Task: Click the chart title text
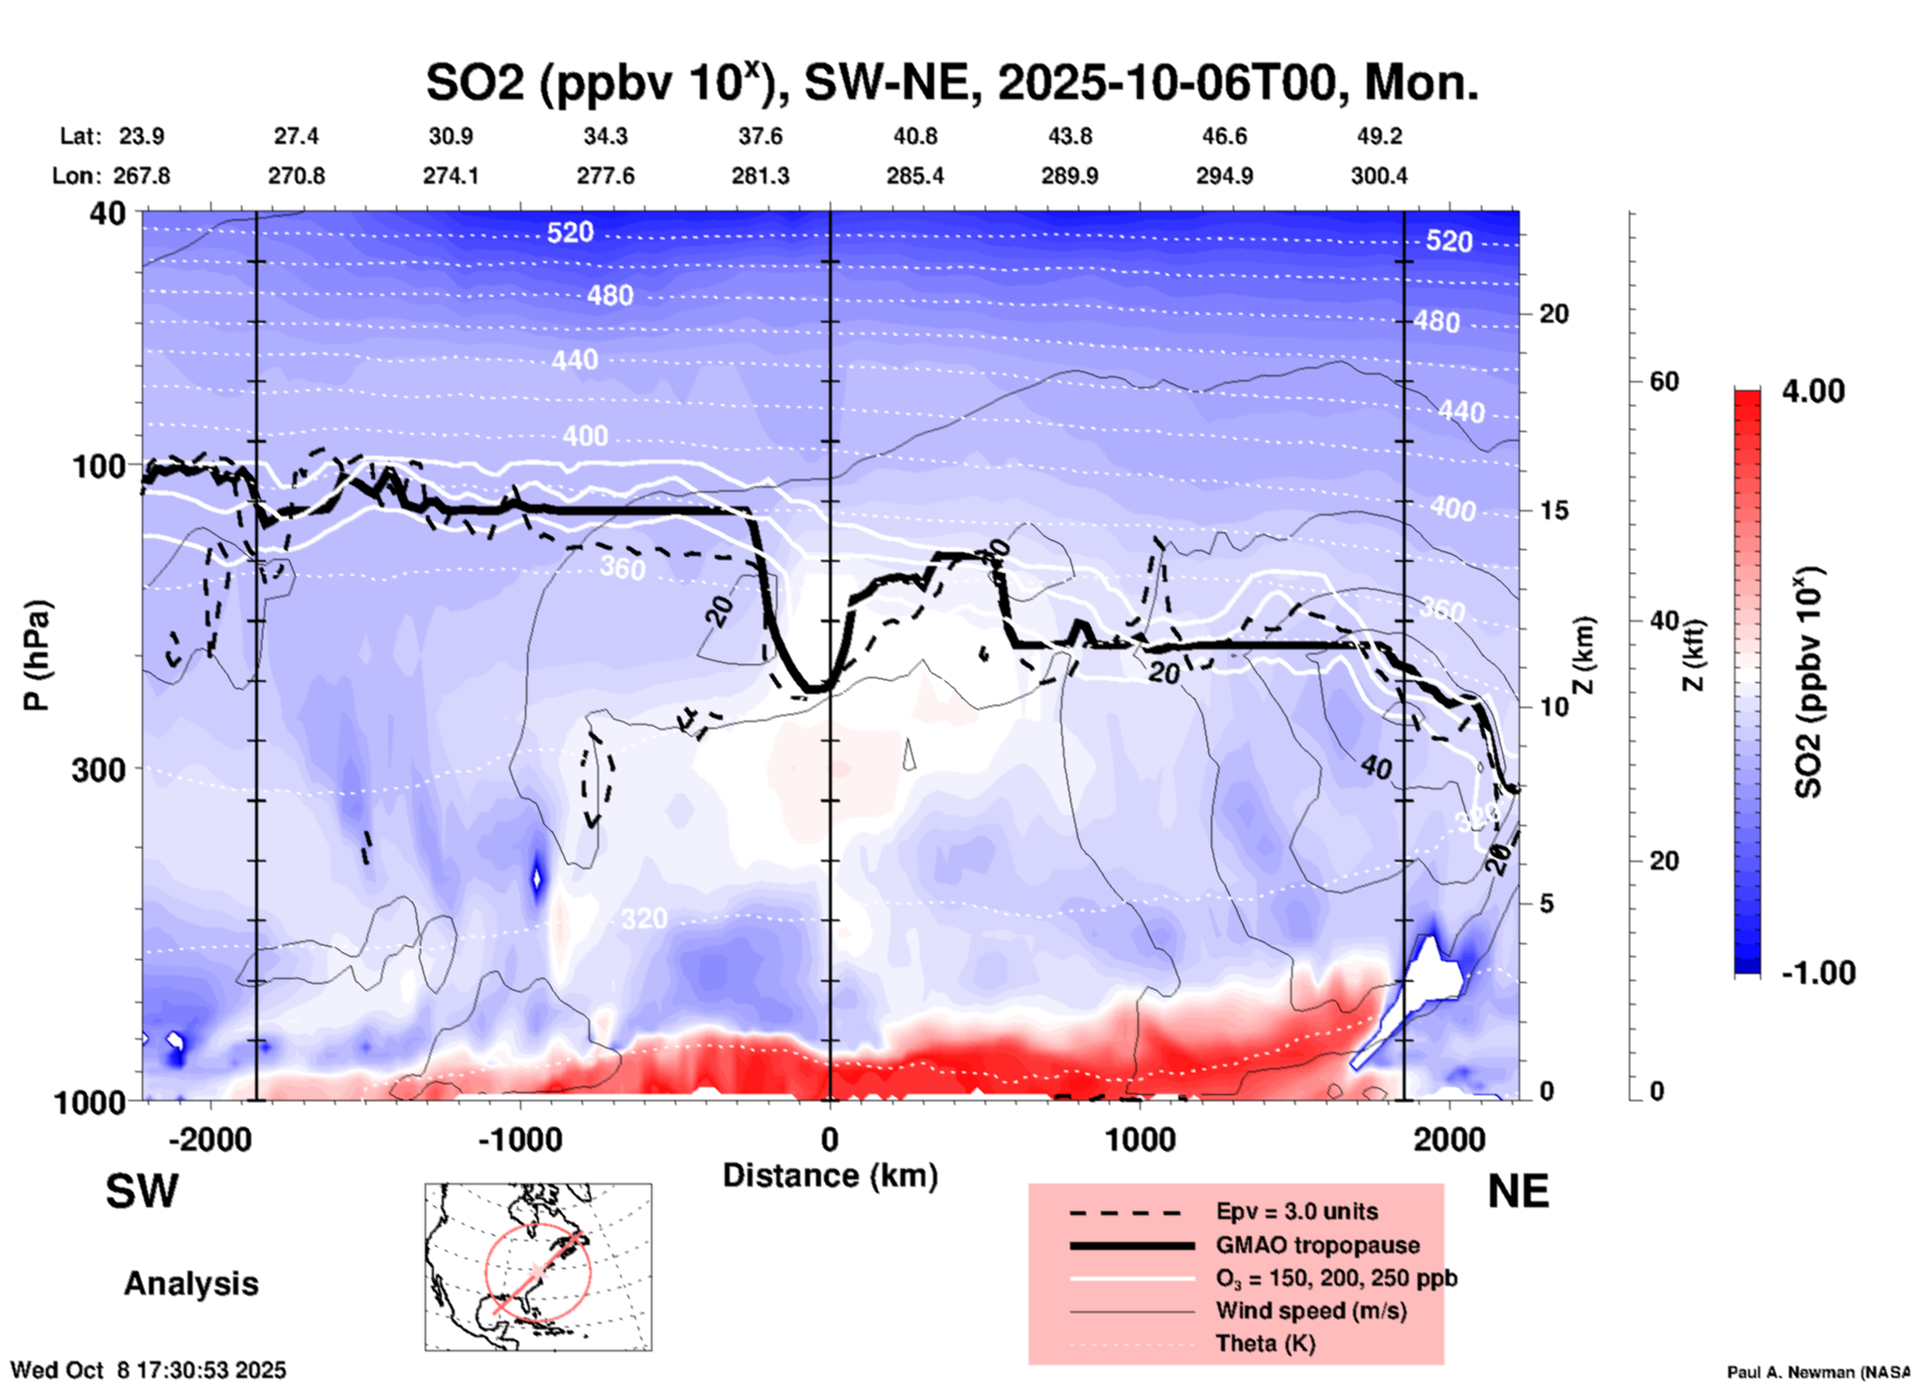click(951, 83)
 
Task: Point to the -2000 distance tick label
click(209, 1140)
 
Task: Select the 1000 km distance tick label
click(1140, 1140)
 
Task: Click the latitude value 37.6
click(760, 136)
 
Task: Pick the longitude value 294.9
click(1224, 176)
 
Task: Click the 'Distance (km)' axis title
click(830, 1176)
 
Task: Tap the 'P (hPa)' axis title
click(37, 655)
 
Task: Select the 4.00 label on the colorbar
click(1813, 391)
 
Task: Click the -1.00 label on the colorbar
click(1818, 973)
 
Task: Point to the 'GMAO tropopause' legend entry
click(1317, 1245)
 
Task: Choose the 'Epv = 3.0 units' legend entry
click(1297, 1211)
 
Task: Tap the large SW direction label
click(142, 1191)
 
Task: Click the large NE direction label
click(1518, 1191)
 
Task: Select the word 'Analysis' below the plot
click(191, 1284)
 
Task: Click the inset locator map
click(538, 1267)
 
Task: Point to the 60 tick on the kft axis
click(1664, 382)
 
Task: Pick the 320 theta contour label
click(644, 919)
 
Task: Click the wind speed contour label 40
click(1376, 766)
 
